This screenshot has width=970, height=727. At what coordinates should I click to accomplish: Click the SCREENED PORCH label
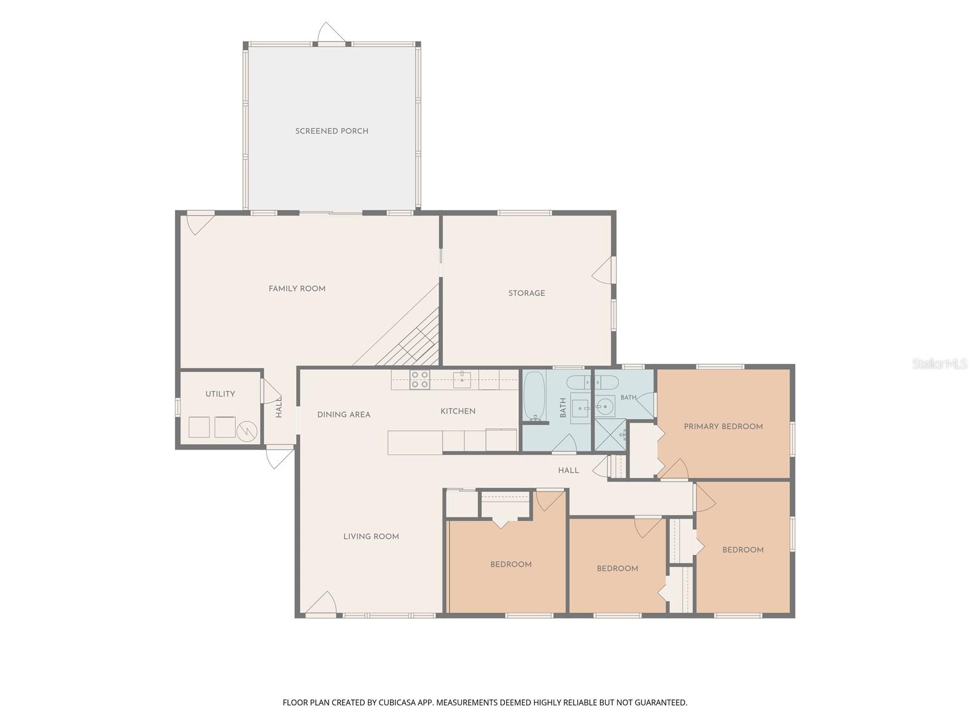pos(332,131)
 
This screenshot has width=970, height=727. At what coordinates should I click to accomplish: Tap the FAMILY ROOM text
pos(296,289)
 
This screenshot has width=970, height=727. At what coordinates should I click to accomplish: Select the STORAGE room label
pos(526,293)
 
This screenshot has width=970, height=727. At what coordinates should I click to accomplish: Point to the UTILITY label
pos(220,394)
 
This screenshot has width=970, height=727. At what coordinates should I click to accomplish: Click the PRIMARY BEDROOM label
pos(723,427)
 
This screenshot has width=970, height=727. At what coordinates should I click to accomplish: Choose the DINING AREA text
pos(344,414)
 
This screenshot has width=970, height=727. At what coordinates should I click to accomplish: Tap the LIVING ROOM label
pos(371,536)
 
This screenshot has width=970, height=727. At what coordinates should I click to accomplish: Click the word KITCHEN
pos(458,411)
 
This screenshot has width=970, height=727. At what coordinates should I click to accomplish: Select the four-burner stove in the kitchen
pos(420,380)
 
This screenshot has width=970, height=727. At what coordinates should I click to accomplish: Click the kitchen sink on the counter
pos(462,380)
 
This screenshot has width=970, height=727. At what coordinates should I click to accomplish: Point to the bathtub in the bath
pos(534,396)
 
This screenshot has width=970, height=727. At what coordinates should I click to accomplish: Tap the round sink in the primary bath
pos(604,406)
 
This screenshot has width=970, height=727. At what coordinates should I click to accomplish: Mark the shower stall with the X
pos(610,435)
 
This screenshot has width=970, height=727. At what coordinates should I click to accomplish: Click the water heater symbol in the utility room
pos(247,431)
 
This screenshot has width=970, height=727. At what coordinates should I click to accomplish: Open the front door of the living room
pos(320,603)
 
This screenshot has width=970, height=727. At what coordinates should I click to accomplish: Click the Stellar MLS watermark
pos(940,363)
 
